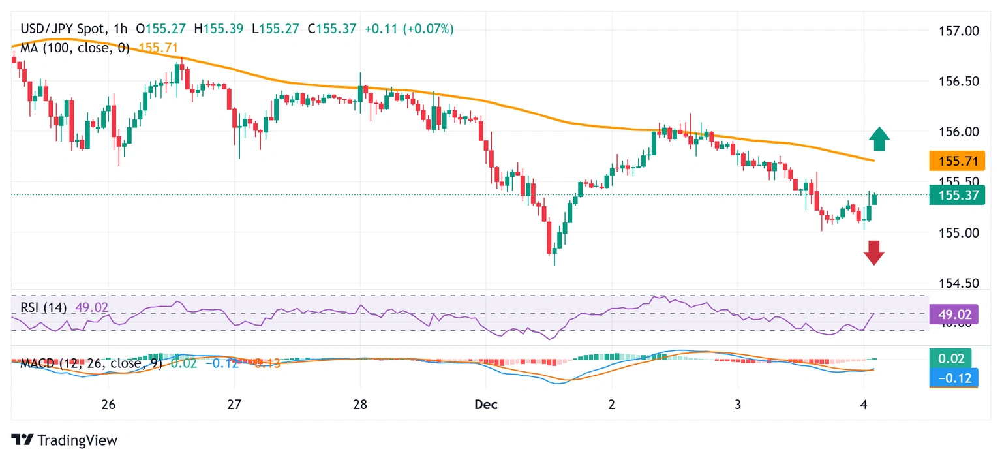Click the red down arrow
pos(874,252)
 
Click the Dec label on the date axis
pos(486,405)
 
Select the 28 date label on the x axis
pos(360,405)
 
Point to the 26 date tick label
pos(108,405)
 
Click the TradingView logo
pos(65,440)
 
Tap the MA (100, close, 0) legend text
pos(75,48)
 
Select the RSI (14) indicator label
pos(44,307)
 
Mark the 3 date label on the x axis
pos(737,405)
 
